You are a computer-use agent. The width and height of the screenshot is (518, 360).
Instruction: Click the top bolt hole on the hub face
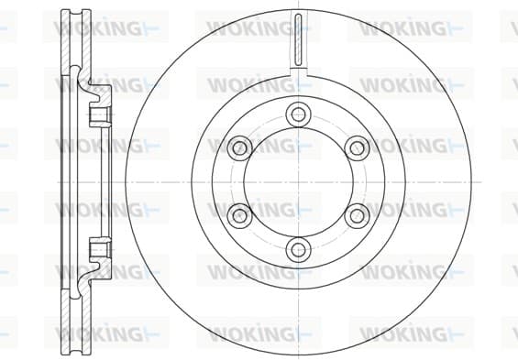coord(298,115)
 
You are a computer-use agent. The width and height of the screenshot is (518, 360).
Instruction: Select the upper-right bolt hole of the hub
coord(357,147)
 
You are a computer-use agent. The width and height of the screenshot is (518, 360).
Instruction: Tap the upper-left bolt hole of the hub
coord(240,147)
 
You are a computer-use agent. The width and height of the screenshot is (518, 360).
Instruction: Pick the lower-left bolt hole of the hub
coord(240,215)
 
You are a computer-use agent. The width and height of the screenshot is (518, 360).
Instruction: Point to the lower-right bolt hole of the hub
coord(357,215)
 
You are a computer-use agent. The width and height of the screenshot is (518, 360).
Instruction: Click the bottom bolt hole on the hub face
coord(298,249)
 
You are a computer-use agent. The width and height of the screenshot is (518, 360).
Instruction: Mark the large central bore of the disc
coord(298,181)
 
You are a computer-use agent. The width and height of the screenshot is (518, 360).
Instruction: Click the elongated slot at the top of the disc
coord(298,40)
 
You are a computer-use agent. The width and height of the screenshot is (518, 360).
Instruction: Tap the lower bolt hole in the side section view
coord(99,248)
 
